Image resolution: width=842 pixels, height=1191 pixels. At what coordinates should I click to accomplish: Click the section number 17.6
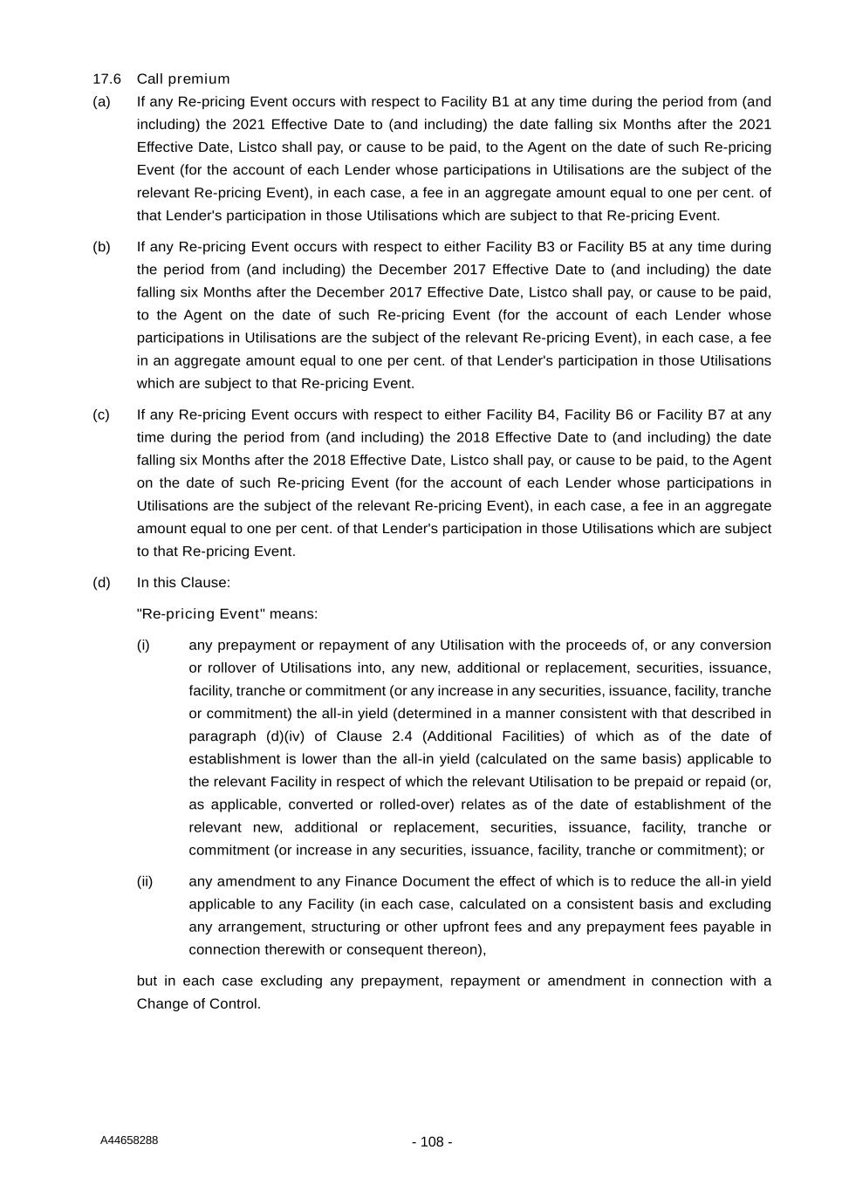(106, 79)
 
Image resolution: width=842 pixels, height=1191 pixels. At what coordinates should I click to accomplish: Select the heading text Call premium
(183, 79)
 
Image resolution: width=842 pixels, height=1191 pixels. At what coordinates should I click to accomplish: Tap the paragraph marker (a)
(101, 101)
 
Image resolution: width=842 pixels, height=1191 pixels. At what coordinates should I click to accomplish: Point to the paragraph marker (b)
(101, 246)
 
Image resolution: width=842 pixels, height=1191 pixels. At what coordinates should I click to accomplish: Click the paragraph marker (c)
(101, 414)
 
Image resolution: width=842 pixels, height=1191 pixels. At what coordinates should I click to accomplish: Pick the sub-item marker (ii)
(144, 881)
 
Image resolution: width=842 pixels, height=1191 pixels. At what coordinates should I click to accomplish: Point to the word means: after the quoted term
(293, 613)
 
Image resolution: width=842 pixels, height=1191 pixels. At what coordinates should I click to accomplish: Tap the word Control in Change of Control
(233, 1003)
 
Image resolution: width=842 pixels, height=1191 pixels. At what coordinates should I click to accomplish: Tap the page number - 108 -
(432, 1142)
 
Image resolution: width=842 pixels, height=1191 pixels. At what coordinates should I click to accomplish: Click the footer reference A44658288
(129, 1140)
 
